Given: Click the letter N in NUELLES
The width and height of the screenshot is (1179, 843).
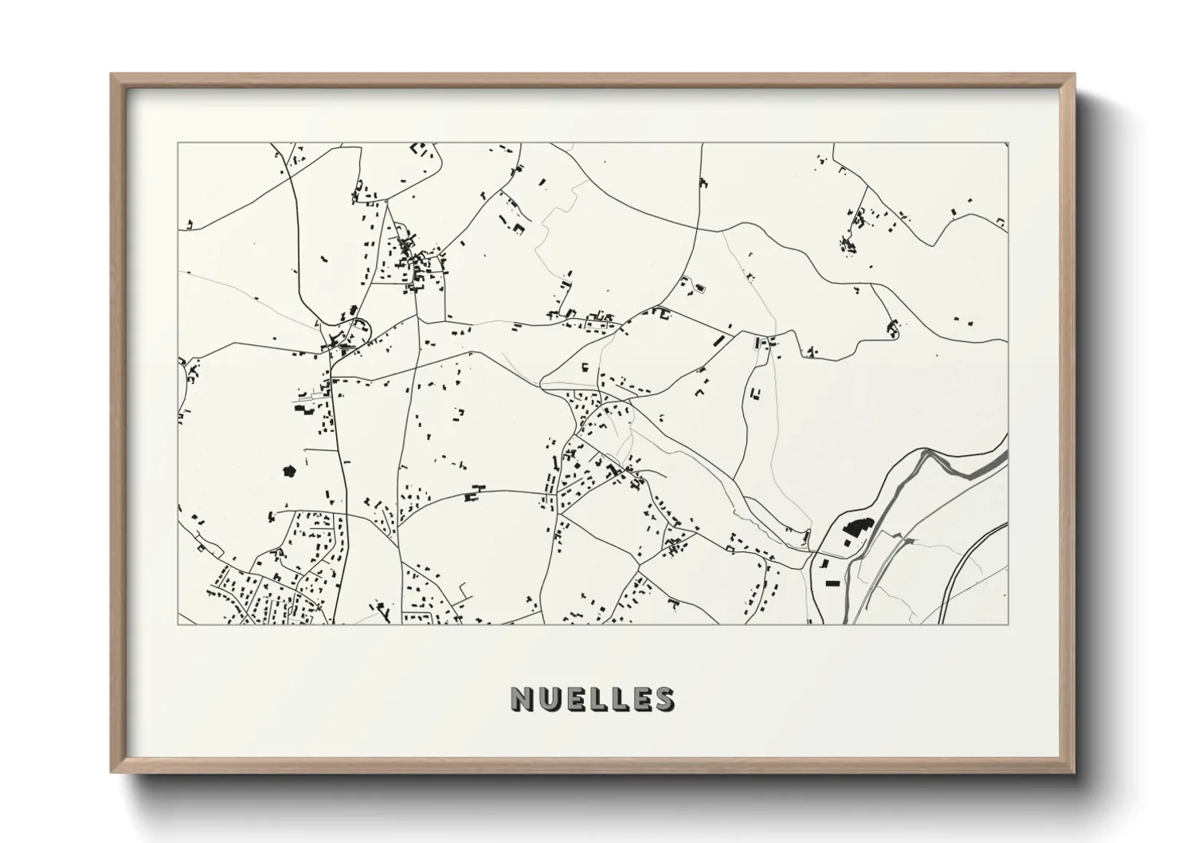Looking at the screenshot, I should [523, 699].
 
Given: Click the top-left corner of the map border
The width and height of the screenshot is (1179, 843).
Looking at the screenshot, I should [178, 143].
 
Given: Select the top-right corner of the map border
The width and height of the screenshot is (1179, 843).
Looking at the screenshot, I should [1008, 143].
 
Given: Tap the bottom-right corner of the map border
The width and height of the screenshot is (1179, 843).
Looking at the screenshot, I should [1008, 624].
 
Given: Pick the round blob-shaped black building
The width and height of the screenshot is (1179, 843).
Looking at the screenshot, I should [288, 471].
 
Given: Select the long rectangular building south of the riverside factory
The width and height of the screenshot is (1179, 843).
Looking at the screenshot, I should [833, 583].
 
